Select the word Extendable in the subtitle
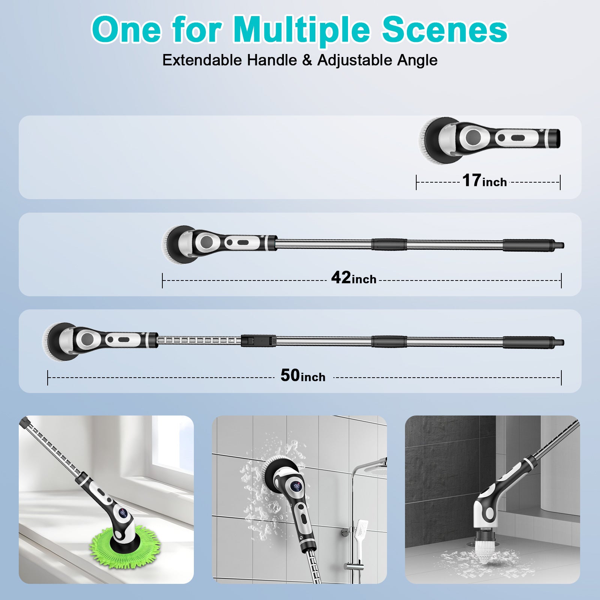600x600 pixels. (x=202, y=60)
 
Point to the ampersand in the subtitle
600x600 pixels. (x=307, y=60)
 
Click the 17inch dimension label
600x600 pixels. (x=484, y=181)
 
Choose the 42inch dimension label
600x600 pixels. (x=354, y=278)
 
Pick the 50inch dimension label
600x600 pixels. (x=303, y=376)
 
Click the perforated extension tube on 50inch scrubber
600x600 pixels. (x=199, y=340)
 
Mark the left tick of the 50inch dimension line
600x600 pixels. (x=48, y=377)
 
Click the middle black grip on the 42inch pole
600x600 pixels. (x=389, y=244)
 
